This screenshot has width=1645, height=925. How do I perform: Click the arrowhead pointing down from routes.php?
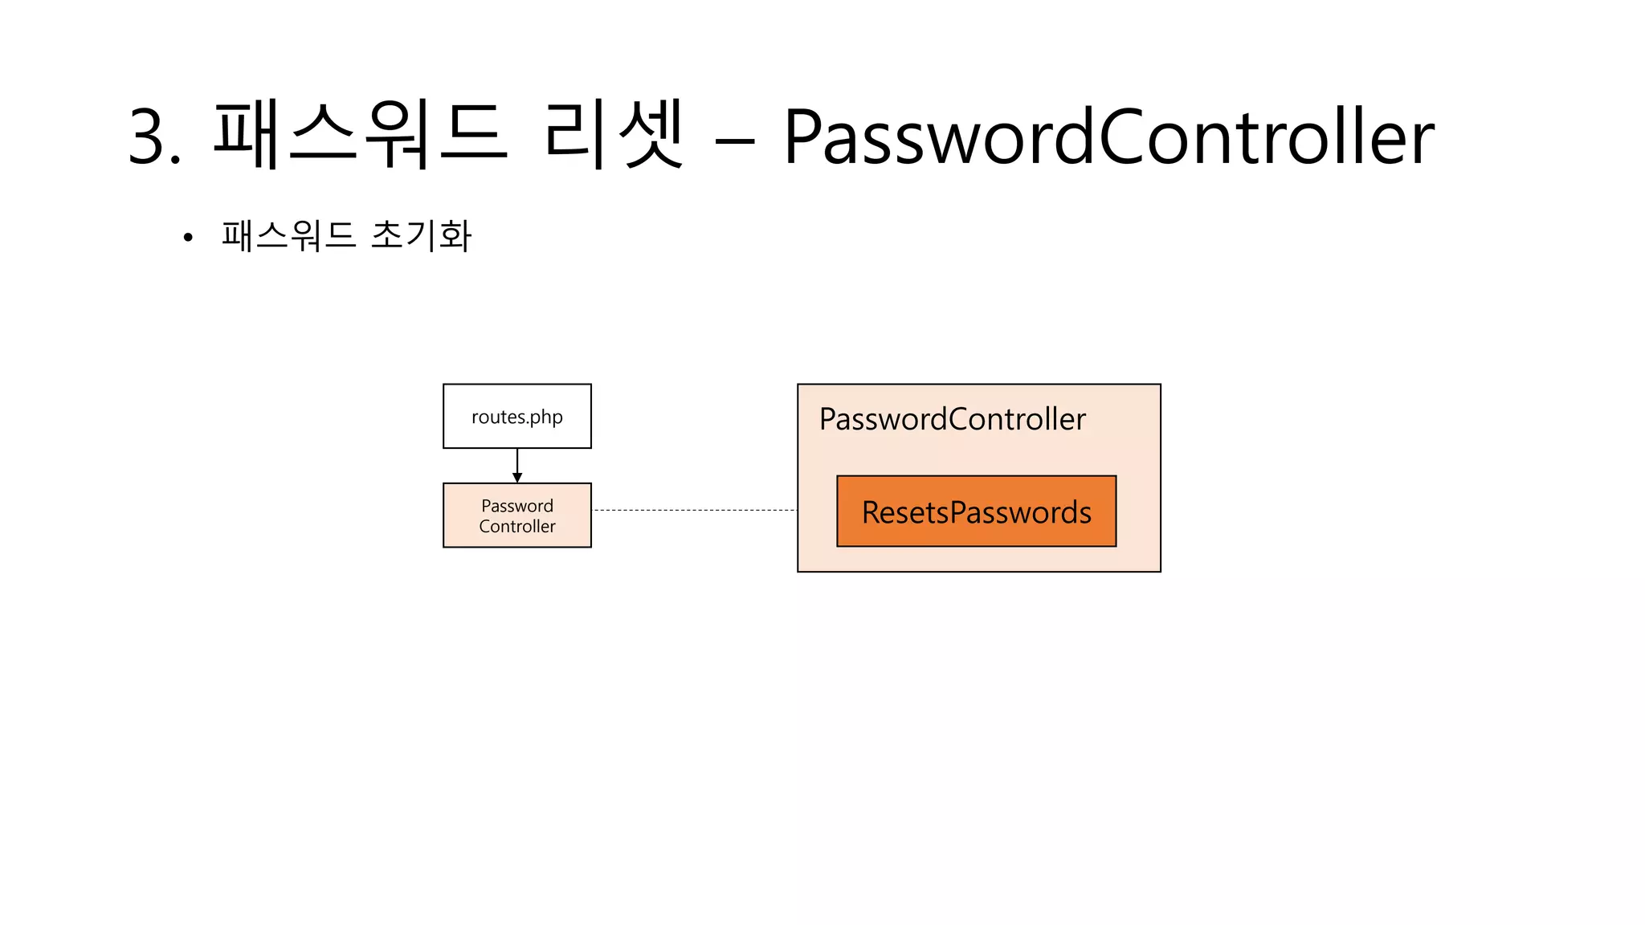click(x=517, y=478)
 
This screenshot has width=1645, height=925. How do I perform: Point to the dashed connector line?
click(x=694, y=510)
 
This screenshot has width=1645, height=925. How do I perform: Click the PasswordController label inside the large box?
click(x=952, y=419)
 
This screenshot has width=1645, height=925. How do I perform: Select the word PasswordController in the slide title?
click(x=1108, y=137)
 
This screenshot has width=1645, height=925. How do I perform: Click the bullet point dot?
click(x=188, y=238)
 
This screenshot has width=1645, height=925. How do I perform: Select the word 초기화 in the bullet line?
click(x=421, y=235)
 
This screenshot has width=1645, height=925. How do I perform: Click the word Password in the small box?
click(x=517, y=506)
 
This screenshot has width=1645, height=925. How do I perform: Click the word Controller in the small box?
click(x=517, y=527)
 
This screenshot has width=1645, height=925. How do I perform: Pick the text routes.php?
click(x=517, y=418)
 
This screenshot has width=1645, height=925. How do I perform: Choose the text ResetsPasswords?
click(x=976, y=512)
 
